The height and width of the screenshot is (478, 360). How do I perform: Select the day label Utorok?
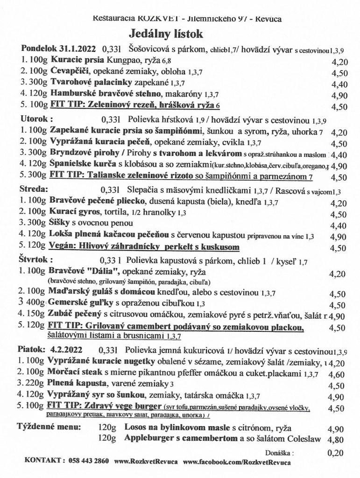(35, 119)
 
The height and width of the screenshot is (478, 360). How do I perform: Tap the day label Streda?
(34, 190)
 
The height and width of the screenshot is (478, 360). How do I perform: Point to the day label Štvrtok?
(36, 260)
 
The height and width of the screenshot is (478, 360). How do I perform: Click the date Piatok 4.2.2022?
(50, 349)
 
